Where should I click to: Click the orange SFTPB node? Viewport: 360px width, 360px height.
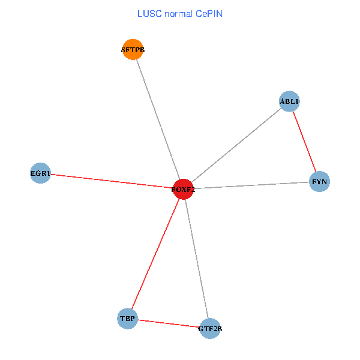[133, 49]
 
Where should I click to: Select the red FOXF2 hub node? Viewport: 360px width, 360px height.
[183, 190]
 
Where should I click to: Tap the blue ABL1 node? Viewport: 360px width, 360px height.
[289, 101]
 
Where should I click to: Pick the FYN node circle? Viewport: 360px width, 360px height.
[319, 181]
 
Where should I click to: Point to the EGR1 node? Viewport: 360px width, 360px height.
[40, 173]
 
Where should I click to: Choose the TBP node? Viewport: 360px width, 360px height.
[128, 318]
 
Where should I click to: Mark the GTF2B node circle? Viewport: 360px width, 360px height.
[209, 328]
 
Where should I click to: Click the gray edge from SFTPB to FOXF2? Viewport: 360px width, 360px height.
[158, 119]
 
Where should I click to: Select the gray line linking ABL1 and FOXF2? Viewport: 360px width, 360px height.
[236, 145]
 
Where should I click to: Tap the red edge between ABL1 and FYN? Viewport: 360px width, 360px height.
[304, 142]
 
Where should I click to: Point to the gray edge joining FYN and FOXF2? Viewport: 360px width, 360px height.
[252, 185]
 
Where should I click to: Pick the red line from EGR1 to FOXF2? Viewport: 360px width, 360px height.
[112, 181]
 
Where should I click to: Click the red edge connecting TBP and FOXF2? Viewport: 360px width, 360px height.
[155, 254]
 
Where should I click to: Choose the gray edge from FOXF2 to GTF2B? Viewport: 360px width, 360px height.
[196, 259]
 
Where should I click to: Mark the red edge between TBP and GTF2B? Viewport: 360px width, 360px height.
[169, 323]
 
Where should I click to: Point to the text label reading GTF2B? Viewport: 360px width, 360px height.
[210, 329]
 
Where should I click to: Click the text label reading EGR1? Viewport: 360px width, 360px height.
[40, 174]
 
